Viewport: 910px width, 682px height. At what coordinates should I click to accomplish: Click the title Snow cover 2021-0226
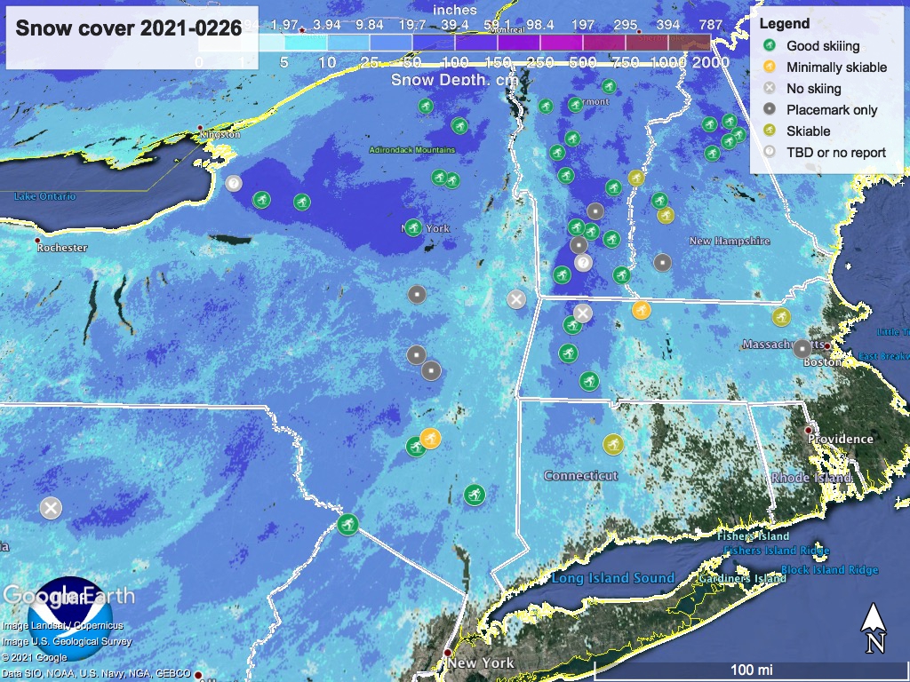(x=129, y=28)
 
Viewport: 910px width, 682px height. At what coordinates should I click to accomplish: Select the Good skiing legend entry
(x=822, y=45)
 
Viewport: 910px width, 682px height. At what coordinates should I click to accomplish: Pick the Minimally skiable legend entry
(x=836, y=67)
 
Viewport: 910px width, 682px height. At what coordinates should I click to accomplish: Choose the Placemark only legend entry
(x=831, y=110)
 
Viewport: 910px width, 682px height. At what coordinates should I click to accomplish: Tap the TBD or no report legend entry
(x=835, y=152)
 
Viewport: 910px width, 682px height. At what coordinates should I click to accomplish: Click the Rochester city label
(x=62, y=248)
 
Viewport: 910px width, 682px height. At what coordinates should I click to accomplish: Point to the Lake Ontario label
(x=44, y=196)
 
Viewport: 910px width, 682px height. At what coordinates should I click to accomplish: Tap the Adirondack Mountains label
(x=411, y=150)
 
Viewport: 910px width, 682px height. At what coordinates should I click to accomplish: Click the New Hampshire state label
(x=729, y=241)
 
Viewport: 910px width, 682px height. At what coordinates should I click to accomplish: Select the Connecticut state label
(x=580, y=476)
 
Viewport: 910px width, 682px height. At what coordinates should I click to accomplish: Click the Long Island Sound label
(x=613, y=578)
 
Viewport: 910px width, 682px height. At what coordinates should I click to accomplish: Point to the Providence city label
(x=841, y=439)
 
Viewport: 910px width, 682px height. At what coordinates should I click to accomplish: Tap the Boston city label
(x=821, y=361)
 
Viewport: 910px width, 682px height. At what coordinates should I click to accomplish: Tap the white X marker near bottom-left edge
(x=51, y=508)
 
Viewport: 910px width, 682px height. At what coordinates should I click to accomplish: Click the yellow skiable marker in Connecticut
(x=613, y=443)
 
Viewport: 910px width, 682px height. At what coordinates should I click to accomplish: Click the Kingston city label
(x=220, y=134)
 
